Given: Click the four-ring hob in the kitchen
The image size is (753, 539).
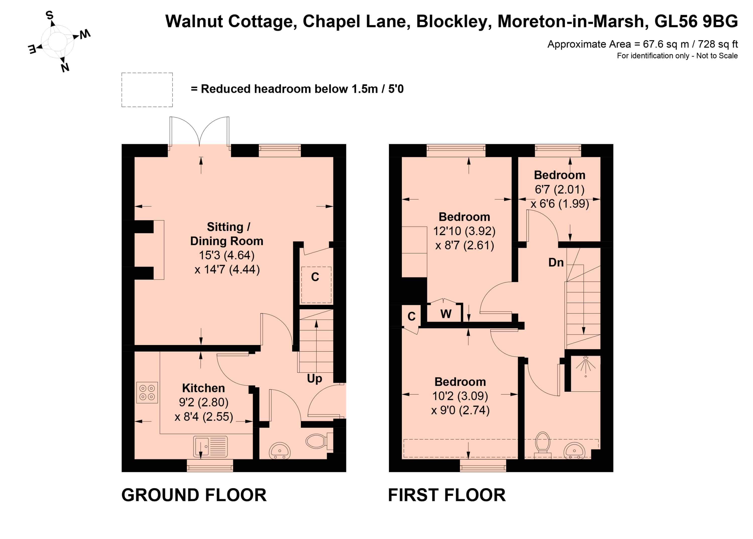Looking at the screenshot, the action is (x=147, y=393).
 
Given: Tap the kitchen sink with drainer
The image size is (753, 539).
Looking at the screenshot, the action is (x=211, y=446).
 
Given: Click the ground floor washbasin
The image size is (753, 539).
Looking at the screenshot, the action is (x=280, y=451).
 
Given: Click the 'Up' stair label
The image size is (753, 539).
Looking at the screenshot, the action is (x=315, y=379).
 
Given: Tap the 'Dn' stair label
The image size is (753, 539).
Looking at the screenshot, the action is (x=556, y=262).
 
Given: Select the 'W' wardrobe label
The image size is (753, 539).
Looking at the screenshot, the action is (x=446, y=314).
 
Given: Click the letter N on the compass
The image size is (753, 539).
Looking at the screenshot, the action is (x=65, y=68).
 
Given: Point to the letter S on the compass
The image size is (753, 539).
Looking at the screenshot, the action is (x=49, y=15).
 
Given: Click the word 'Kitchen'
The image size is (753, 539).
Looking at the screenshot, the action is (x=204, y=388).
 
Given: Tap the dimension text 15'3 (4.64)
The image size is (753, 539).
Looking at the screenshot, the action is (x=227, y=255).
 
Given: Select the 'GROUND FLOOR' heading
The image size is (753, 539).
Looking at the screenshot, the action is (x=194, y=495).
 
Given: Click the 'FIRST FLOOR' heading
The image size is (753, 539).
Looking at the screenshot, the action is (x=447, y=495).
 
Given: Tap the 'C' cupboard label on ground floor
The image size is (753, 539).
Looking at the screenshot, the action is (x=315, y=277).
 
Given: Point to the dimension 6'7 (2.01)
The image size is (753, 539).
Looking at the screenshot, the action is (x=559, y=189).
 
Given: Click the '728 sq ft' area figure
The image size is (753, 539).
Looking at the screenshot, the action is (x=718, y=44).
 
